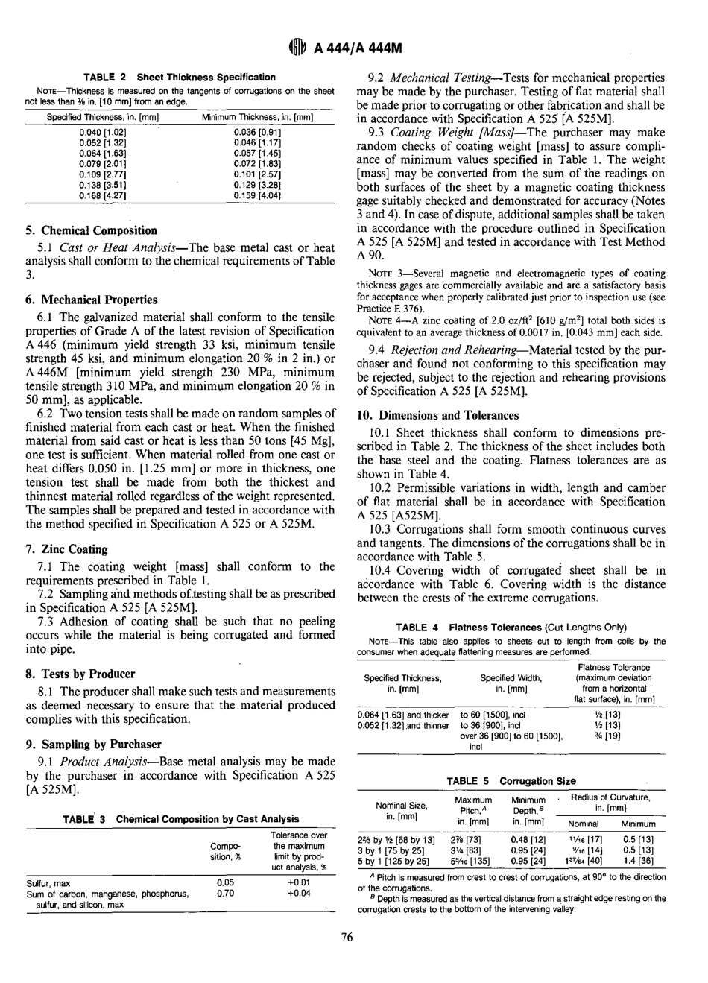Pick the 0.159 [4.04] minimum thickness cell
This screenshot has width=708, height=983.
click(257, 195)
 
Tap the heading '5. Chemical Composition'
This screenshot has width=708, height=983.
click(91, 230)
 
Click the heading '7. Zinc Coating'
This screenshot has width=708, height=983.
click(66, 549)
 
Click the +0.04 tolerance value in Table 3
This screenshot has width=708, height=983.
click(299, 893)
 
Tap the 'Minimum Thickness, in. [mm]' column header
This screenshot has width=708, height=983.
click(257, 117)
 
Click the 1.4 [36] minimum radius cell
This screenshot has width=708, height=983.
click(638, 861)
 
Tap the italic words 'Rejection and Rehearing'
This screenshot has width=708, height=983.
click(452, 350)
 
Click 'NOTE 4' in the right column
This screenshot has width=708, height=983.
click(382, 320)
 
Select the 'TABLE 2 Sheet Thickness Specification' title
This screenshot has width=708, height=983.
click(179, 77)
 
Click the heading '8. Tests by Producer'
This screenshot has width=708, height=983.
click(80, 674)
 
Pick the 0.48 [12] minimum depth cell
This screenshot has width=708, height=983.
click(528, 838)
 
